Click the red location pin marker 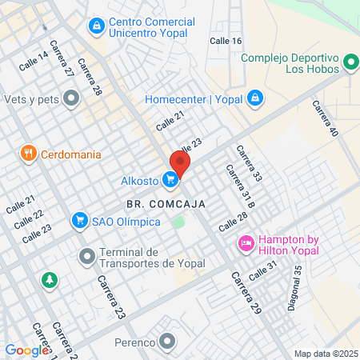180,164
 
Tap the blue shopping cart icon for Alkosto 170,181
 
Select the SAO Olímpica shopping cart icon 79,219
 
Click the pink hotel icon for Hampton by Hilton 246,242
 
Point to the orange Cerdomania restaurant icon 29,153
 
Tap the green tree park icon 50,280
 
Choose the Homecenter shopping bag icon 254,98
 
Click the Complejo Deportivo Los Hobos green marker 350,62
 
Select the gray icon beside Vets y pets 71,98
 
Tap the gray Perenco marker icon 166,343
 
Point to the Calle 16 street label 225,41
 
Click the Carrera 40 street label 326,118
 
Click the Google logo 26,350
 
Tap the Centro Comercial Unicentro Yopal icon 97,26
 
